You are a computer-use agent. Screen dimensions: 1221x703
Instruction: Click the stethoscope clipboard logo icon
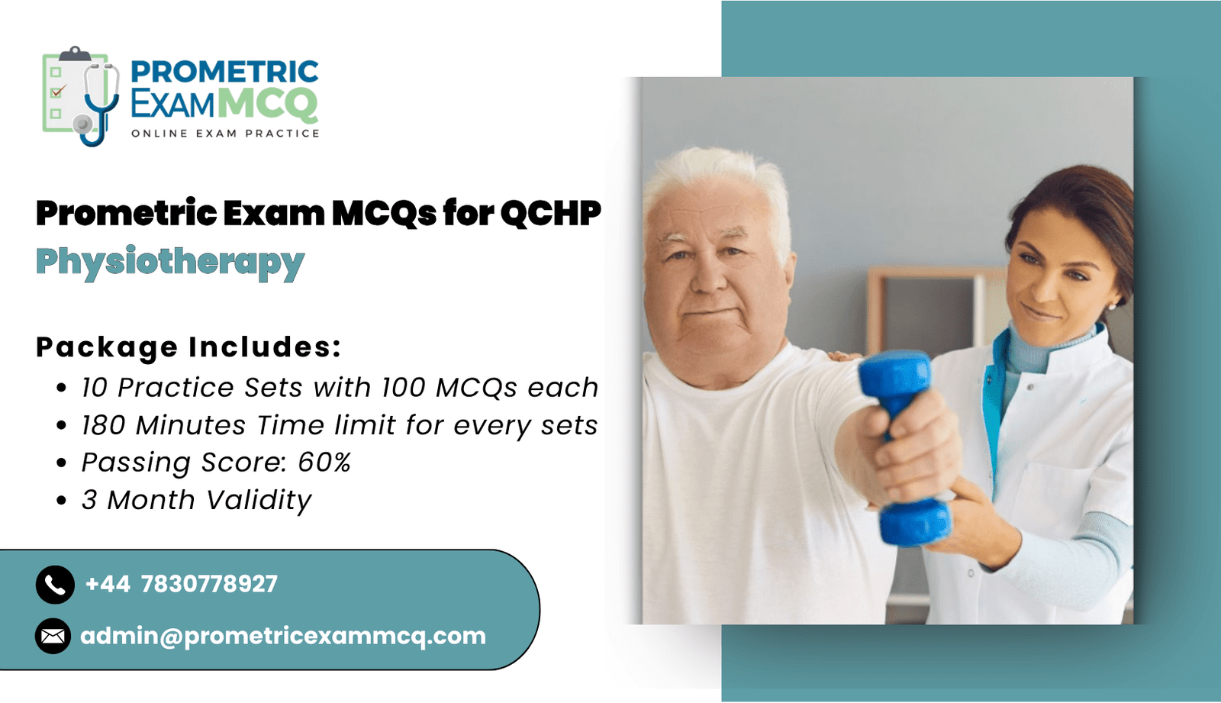(81, 96)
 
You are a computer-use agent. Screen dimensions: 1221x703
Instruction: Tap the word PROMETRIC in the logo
(224, 73)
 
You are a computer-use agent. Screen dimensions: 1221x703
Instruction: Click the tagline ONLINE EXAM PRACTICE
(225, 134)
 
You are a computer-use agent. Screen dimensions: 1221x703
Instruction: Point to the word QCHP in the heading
(550, 213)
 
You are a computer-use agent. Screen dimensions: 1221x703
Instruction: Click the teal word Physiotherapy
(170, 263)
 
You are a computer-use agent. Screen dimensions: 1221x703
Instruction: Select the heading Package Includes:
(188, 347)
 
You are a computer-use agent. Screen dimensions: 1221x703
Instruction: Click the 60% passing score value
(324, 463)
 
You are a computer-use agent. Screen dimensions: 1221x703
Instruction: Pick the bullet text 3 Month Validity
(197, 500)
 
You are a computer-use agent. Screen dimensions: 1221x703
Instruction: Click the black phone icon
(55, 585)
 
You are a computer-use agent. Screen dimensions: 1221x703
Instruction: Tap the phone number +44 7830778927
(182, 584)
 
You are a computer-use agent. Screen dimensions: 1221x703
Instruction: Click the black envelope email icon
(53, 636)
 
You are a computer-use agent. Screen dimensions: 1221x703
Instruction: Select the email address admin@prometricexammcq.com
(283, 637)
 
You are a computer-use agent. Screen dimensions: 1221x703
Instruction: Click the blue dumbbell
(905, 447)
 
